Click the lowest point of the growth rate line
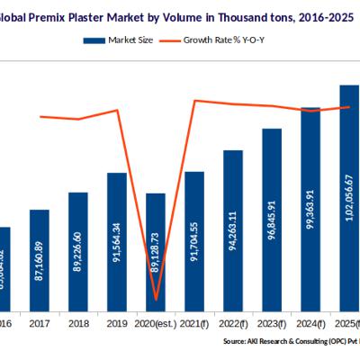pos(157,300)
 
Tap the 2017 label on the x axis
pos(40,322)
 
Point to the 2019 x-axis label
pos(117,322)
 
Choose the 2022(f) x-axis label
pos(233,322)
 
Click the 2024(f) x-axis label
pos(310,322)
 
